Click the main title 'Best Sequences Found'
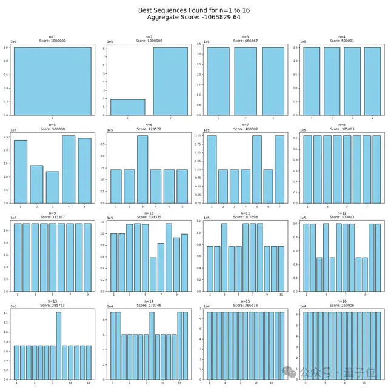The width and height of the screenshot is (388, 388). coord(193,9)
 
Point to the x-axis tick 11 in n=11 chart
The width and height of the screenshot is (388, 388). coord(281,295)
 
